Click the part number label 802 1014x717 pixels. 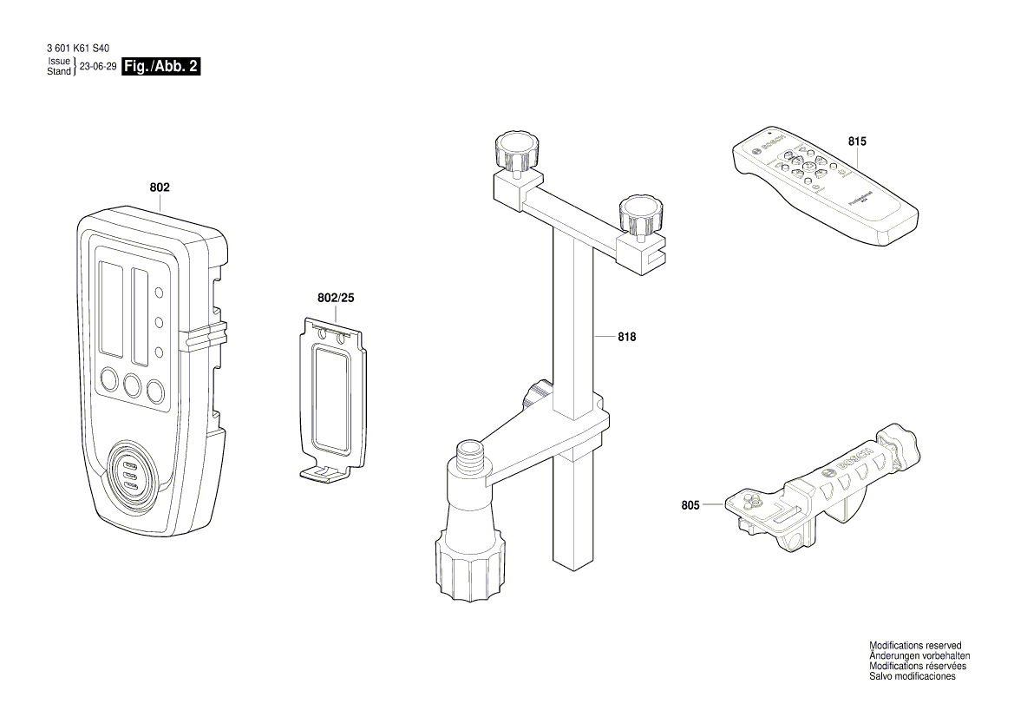pyautogui.click(x=160, y=187)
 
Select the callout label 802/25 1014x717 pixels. pyautogui.click(x=336, y=298)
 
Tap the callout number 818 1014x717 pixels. pyautogui.click(x=626, y=337)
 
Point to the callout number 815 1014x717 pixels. pyautogui.click(x=857, y=141)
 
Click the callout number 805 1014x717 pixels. pyautogui.click(x=690, y=503)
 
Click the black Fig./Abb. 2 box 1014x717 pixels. pyautogui.click(x=161, y=67)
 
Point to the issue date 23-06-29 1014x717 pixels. pyautogui.click(x=98, y=67)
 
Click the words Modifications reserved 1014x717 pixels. pyautogui.click(x=915, y=646)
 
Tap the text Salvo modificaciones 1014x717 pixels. pyautogui.click(x=912, y=677)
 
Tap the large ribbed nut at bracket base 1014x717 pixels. pyautogui.click(x=468, y=568)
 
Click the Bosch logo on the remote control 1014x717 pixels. pyautogui.click(x=770, y=144)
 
